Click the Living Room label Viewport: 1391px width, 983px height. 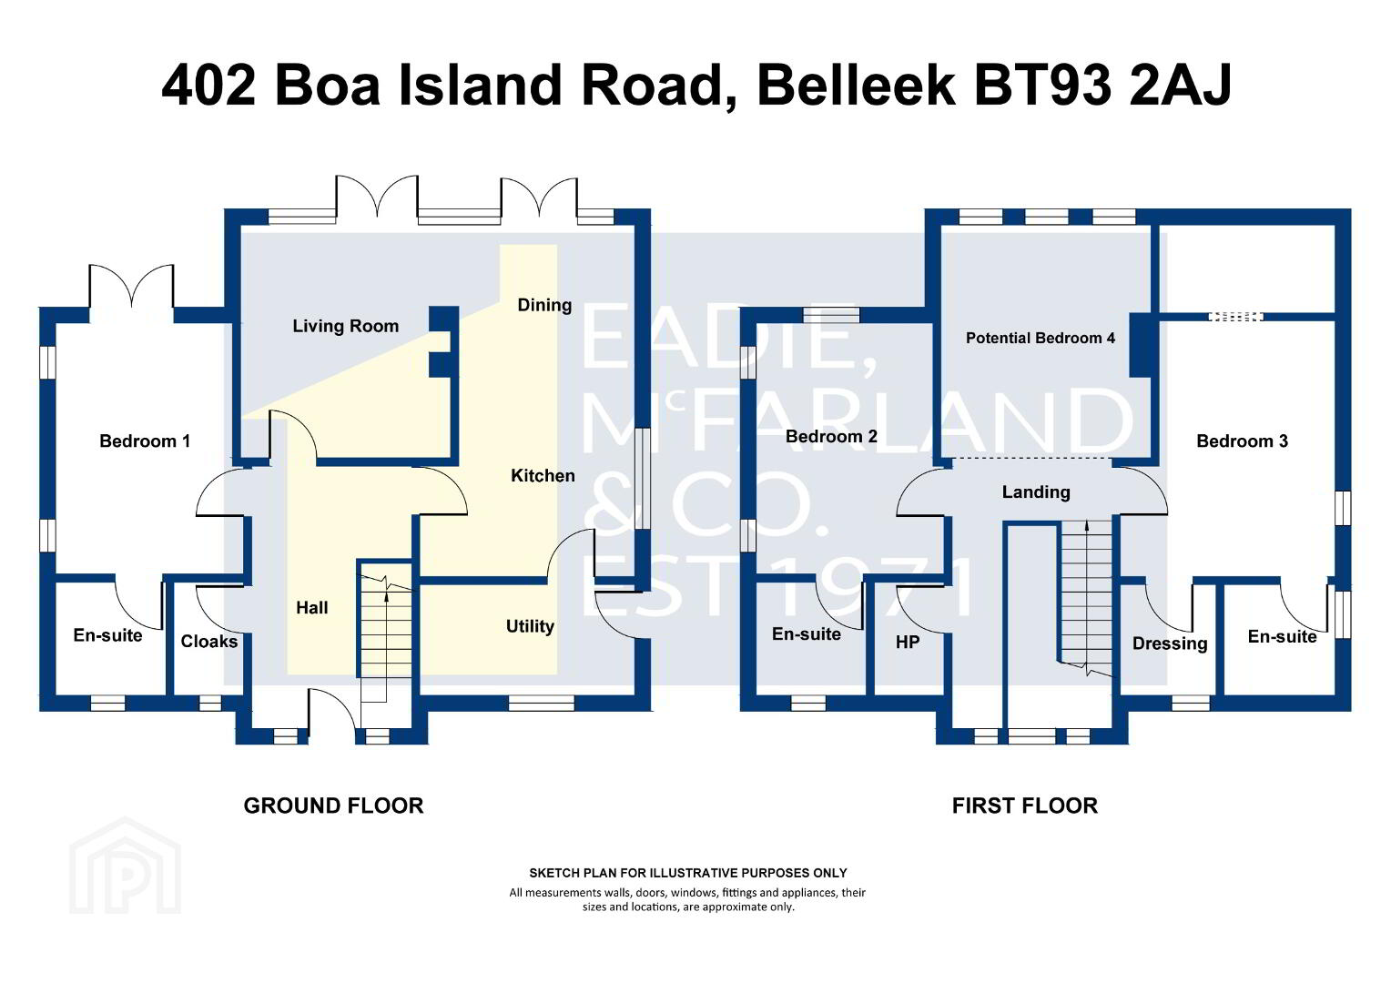pos(345,326)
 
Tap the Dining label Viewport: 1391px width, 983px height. pos(544,306)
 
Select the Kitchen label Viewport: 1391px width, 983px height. pos(543,476)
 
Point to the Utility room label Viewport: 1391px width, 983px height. pos(530,626)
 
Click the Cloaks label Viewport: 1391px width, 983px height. pos(208,642)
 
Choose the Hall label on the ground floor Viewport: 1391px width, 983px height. pos(311,607)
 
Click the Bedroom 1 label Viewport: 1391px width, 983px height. pos(145,441)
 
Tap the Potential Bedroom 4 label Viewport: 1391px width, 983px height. pos(1041,338)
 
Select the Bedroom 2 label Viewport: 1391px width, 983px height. pos(831,437)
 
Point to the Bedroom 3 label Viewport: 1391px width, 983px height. pos(1242,441)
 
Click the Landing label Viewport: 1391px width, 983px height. pos(1036,492)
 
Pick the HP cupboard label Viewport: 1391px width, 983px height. pos(908,642)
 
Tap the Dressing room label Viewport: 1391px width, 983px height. pos(1170,644)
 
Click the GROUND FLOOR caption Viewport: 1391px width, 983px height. pos(333,806)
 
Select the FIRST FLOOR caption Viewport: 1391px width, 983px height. pos(1025,806)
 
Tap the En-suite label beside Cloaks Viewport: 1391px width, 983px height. pos(107,635)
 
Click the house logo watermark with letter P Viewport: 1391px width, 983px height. pos(125,866)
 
